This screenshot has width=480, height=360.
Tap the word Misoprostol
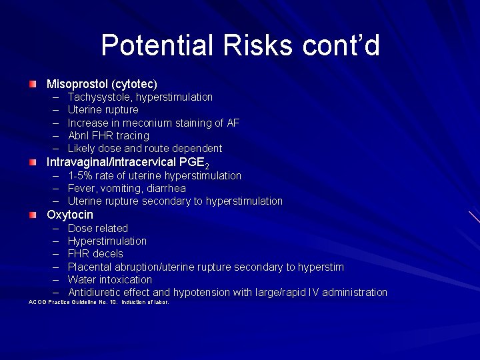point(78,84)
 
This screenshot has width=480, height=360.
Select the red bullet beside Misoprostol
point(33,84)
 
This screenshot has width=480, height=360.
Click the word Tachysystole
point(99,97)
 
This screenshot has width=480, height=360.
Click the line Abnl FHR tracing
point(109,135)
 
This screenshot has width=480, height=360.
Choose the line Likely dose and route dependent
point(145,148)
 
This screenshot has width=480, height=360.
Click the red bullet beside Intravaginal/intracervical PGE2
point(33,162)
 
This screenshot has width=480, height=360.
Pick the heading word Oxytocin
point(70,215)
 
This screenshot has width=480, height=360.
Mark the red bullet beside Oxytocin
point(33,215)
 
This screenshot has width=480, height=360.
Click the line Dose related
point(98,228)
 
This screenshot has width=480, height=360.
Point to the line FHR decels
point(95,253)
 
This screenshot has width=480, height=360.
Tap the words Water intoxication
point(110,279)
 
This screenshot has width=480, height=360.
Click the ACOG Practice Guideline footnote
point(99,302)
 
